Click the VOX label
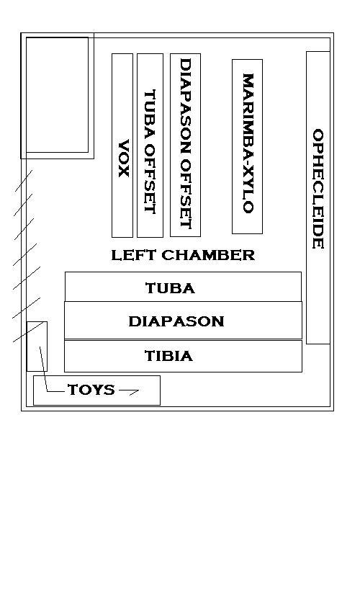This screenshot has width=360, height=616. [124, 159]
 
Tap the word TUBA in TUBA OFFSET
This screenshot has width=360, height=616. [150, 112]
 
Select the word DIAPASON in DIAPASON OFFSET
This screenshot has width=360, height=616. [185, 106]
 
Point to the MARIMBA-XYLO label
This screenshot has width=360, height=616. [248, 143]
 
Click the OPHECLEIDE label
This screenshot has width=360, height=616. [318, 189]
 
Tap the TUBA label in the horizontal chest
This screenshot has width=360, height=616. [171, 288]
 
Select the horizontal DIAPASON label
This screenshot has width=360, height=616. [176, 321]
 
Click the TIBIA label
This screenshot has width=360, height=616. [169, 356]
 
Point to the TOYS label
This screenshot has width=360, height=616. [91, 390]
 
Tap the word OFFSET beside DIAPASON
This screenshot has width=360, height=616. [185, 193]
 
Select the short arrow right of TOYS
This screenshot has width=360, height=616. [129, 391]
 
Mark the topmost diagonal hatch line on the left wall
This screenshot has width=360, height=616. [24, 181]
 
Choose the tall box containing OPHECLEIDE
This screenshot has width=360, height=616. [307, 197]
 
